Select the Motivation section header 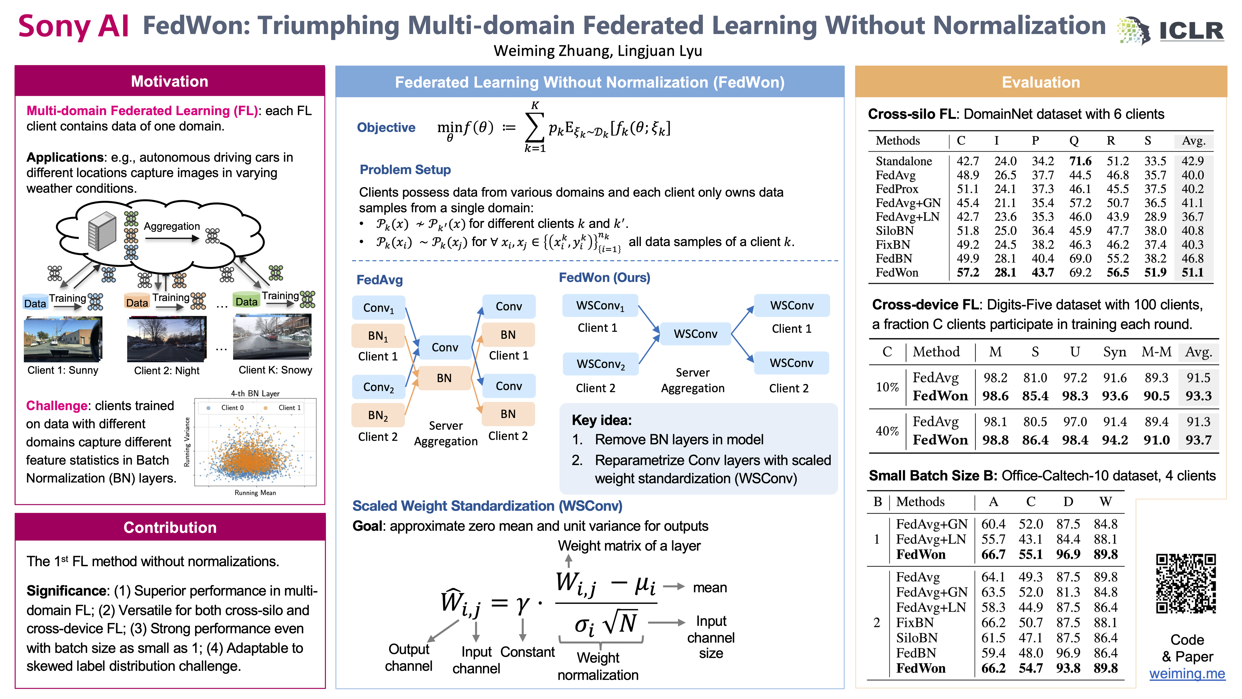coord(170,81)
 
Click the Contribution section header coord(170,527)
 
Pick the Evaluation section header coord(1040,82)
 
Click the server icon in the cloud coord(102,232)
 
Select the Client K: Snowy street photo coord(272,337)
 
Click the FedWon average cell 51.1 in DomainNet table coord(1192,273)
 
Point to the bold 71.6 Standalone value coord(1080,161)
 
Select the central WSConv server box coord(695,334)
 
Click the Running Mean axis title coord(255,492)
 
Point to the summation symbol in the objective coord(534,127)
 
